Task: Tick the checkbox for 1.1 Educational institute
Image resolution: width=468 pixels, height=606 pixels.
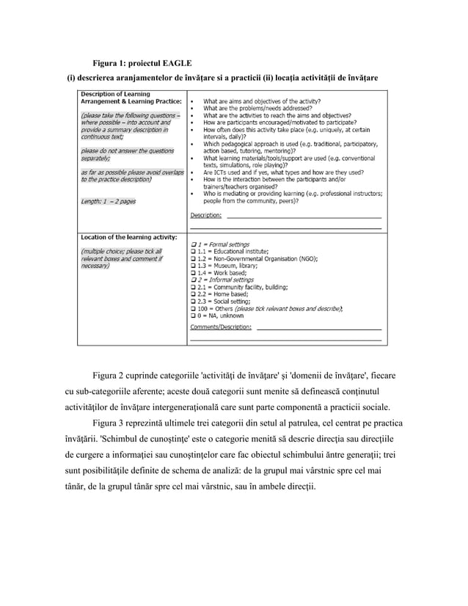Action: click(193, 251)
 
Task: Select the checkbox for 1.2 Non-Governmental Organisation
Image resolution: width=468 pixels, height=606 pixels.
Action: click(193, 258)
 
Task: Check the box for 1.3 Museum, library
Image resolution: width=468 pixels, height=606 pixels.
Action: click(193, 266)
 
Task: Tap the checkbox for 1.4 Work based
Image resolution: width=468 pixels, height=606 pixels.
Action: click(193, 273)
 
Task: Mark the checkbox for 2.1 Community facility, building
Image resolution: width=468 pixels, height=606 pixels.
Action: click(193, 287)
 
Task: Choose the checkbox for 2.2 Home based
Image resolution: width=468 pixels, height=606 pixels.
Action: click(193, 294)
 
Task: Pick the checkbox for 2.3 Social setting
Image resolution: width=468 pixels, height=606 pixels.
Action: click(193, 302)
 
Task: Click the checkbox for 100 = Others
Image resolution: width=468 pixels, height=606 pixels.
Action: click(193, 309)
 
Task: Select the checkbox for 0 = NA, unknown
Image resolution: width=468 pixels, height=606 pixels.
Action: click(193, 315)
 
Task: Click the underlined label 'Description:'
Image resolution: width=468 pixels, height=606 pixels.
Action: click(206, 216)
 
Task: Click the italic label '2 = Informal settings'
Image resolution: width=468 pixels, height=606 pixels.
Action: click(224, 280)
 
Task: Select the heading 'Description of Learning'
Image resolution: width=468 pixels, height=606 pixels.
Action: click(116, 93)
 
